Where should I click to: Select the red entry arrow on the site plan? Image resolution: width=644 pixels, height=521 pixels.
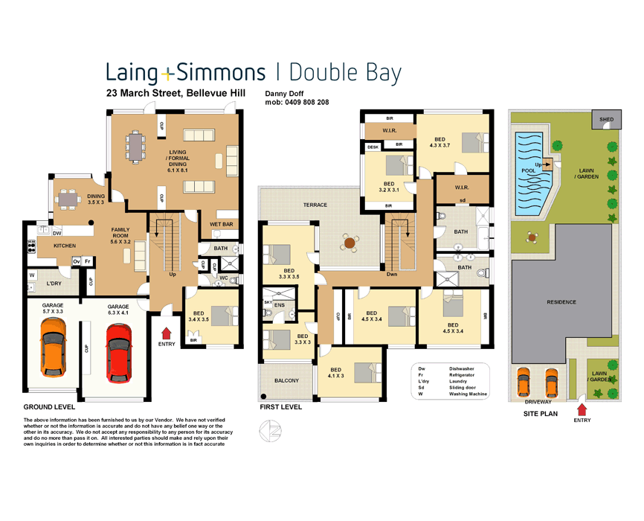click(582, 408)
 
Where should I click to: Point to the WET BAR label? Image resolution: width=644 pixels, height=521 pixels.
click(221, 224)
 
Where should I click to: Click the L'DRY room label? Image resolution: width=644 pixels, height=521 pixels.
click(54, 284)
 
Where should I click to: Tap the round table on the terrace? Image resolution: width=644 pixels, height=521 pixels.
click(349, 242)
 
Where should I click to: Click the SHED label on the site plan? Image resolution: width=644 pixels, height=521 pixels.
click(607, 119)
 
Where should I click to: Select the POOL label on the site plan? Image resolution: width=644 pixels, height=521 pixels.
click(528, 170)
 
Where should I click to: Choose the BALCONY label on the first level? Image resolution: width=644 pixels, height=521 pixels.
click(286, 380)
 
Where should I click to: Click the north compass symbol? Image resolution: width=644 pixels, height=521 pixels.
click(269, 430)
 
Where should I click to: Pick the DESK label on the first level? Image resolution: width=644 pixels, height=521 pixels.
click(373, 147)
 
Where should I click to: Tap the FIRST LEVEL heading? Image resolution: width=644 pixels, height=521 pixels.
click(280, 407)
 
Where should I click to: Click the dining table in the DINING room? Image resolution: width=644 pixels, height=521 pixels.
click(69, 198)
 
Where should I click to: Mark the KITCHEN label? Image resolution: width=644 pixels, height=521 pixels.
click(64, 245)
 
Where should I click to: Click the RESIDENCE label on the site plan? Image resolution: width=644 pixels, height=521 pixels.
click(561, 302)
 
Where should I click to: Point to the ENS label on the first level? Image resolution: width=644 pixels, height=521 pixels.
click(280, 304)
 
